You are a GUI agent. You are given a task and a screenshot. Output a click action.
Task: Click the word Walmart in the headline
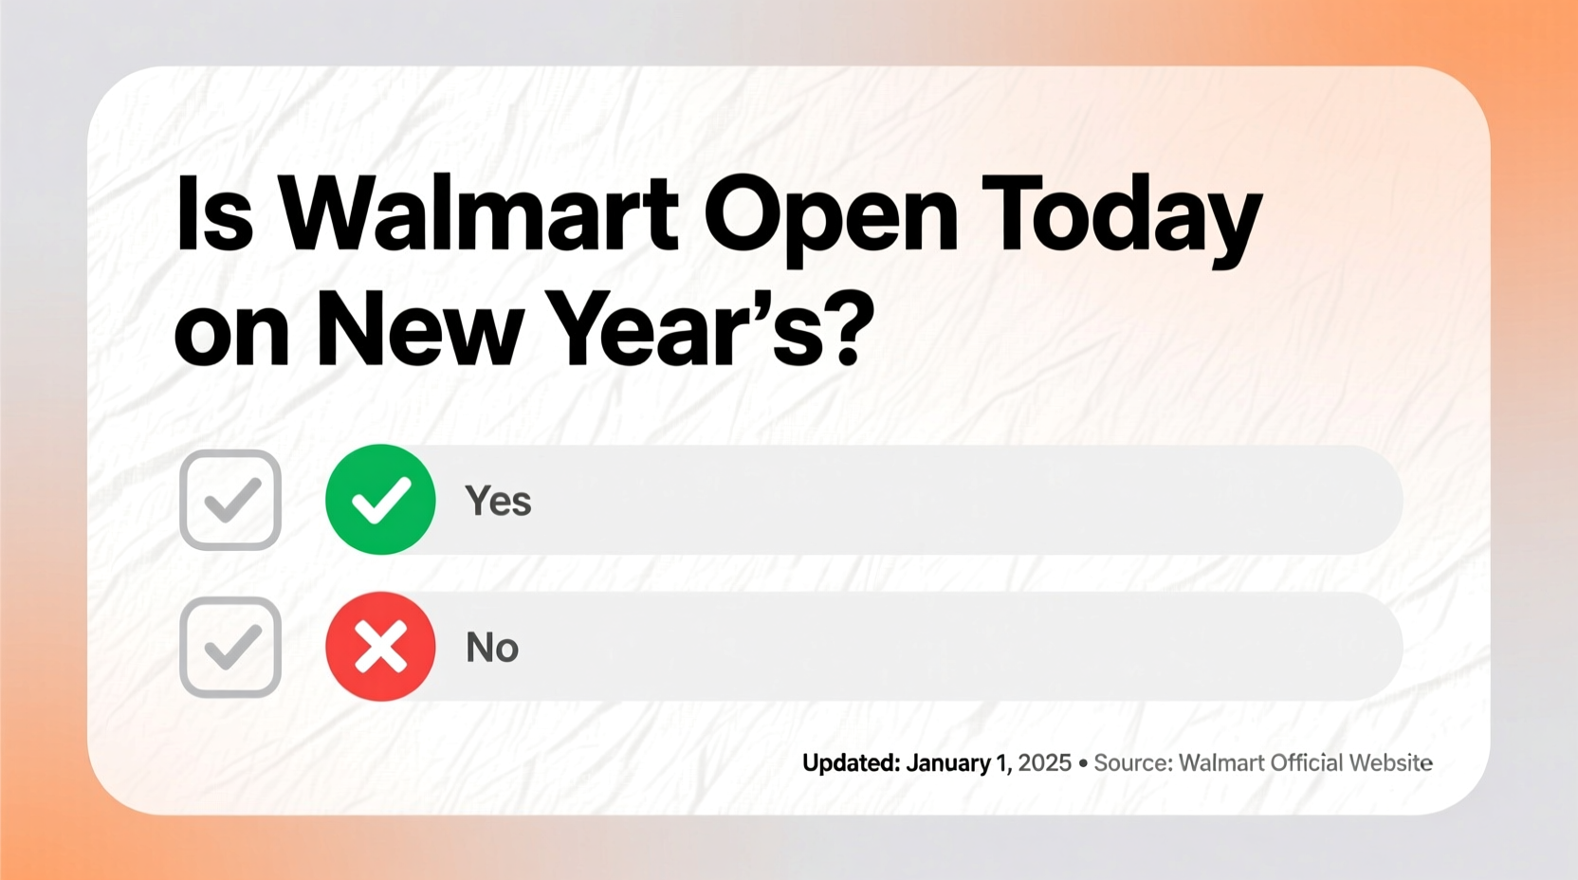[x=478, y=214]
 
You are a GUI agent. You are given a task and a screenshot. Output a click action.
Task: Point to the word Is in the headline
[x=214, y=214]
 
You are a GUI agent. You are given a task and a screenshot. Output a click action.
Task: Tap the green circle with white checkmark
[x=380, y=500]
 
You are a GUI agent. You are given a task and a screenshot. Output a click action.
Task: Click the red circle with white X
[x=380, y=647]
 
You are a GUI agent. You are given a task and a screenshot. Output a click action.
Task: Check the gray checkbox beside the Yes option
[x=230, y=500]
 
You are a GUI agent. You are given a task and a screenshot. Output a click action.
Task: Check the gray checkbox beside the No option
[x=230, y=647]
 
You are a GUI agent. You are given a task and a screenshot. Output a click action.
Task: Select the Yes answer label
[x=498, y=501]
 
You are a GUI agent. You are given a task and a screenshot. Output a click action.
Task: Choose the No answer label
[x=492, y=648]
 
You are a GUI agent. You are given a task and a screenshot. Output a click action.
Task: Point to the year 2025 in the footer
[x=1044, y=763]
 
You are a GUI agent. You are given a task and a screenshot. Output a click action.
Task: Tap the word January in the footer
[x=948, y=763]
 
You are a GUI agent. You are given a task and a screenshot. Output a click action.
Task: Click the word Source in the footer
[x=1132, y=763]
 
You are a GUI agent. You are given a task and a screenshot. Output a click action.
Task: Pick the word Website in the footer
[x=1390, y=763]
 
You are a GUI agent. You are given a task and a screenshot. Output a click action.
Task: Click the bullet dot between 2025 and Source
[x=1083, y=763]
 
